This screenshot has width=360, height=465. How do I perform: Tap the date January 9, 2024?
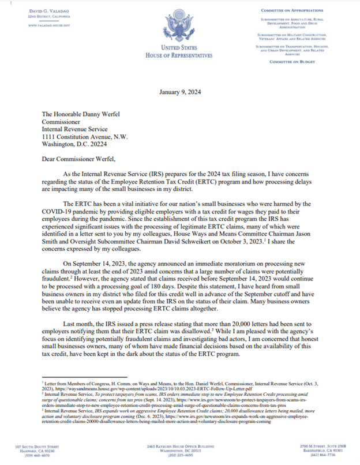(179, 92)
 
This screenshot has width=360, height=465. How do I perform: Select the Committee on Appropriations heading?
(301, 11)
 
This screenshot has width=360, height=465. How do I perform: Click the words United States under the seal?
(179, 48)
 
